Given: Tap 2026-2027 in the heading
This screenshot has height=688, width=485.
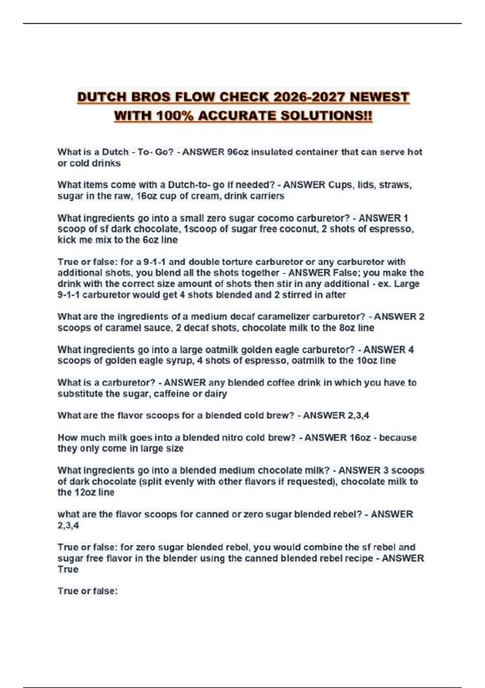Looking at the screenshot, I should (309, 98).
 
